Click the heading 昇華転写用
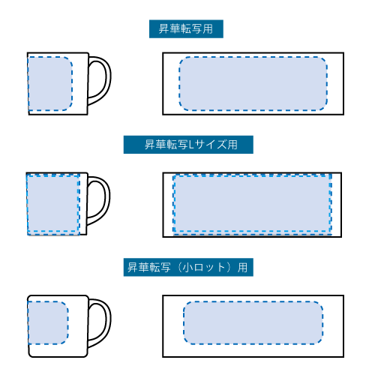186,29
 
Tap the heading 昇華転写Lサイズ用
191,145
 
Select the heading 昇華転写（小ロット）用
187,267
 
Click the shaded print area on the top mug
50,83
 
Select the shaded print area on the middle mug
53,204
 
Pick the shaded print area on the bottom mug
48,322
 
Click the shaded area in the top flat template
253,83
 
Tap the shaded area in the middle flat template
252,204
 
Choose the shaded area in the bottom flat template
253,322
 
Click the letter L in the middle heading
191,145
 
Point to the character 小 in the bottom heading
187,268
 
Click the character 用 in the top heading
208,29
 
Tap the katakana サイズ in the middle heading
211,145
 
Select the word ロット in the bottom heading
209,268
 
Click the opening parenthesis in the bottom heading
180,268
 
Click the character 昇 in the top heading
163,29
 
